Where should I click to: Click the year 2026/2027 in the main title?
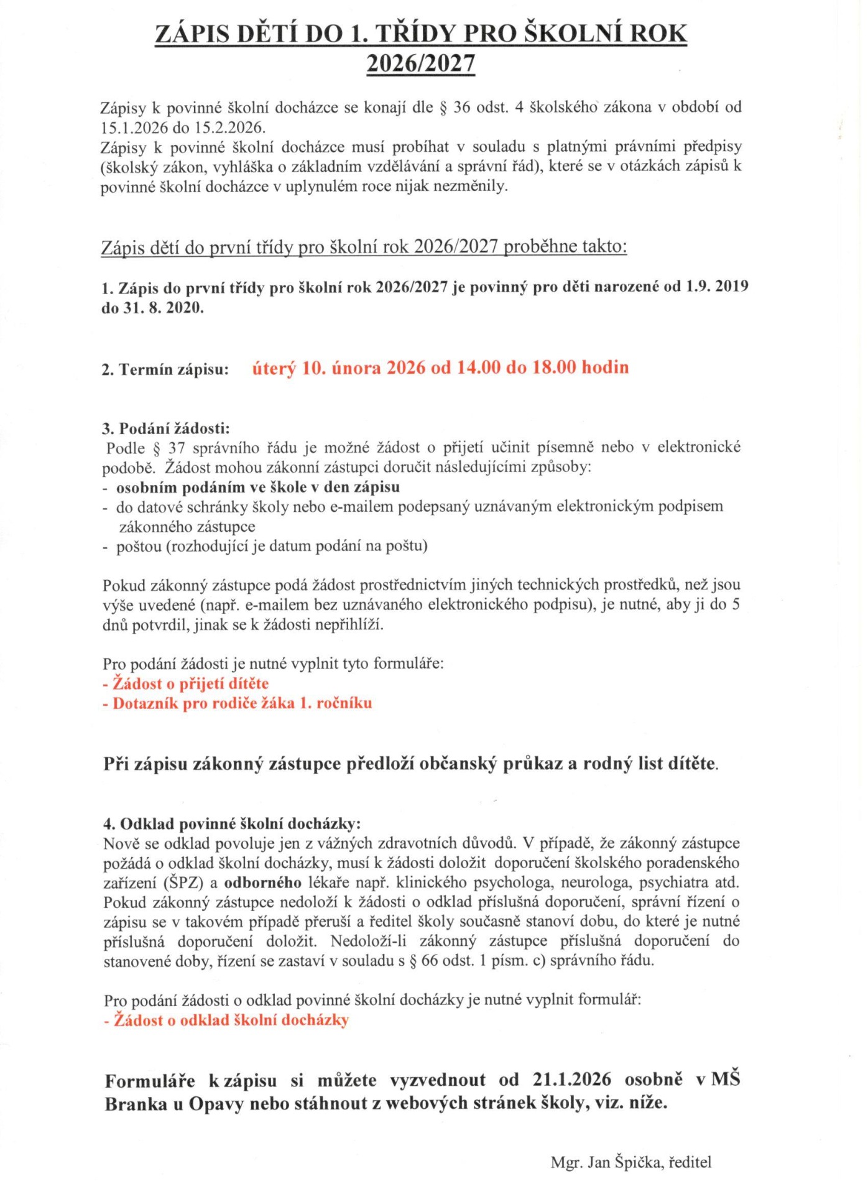point(421,64)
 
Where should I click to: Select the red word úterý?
point(274,369)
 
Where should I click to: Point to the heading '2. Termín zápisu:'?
point(165,371)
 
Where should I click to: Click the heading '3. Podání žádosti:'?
point(166,429)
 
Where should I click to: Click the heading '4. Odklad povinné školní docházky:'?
point(232,825)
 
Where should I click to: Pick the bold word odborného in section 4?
point(263,884)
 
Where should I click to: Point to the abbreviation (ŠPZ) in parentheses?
point(183,884)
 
